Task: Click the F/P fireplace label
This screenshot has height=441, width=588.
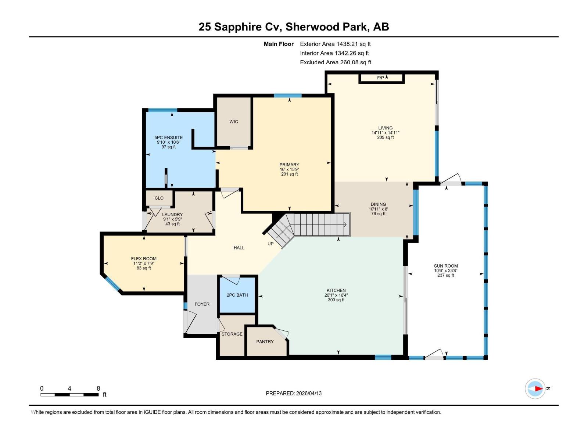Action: [x=380, y=78]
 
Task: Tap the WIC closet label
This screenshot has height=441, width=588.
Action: [x=234, y=122]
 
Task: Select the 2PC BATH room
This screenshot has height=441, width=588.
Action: [x=237, y=295]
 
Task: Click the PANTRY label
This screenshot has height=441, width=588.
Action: [x=265, y=342]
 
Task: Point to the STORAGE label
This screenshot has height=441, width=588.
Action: [x=232, y=334]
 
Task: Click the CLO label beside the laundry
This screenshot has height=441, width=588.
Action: [x=159, y=198]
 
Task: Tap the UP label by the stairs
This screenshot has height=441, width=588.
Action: [x=270, y=244]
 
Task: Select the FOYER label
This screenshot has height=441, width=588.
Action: [x=202, y=304]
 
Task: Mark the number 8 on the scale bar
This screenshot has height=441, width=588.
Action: [x=98, y=388]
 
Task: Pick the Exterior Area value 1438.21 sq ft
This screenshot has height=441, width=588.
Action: [x=354, y=44]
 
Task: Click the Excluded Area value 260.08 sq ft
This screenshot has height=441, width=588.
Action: [x=355, y=62]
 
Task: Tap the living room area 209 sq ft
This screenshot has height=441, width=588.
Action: [x=385, y=137]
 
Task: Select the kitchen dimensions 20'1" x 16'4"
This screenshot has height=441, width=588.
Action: [x=336, y=295]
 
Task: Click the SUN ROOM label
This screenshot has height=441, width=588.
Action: [x=446, y=266]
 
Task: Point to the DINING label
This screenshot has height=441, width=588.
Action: [x=378, y=204]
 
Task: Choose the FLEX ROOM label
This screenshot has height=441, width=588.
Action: [x=144, y=259]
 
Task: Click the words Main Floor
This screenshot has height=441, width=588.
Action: [x=279, y=44]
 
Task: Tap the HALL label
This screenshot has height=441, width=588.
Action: [x=239, y=248]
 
